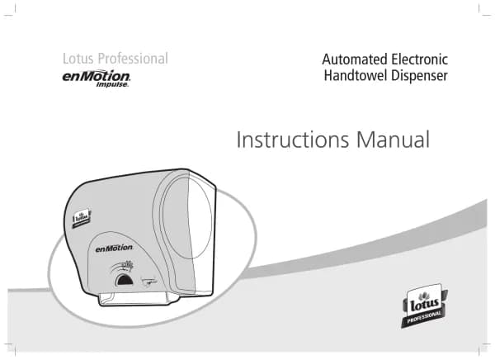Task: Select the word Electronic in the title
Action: [419, 59]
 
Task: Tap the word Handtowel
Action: [356, 77]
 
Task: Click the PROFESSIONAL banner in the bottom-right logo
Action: [424, 318]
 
